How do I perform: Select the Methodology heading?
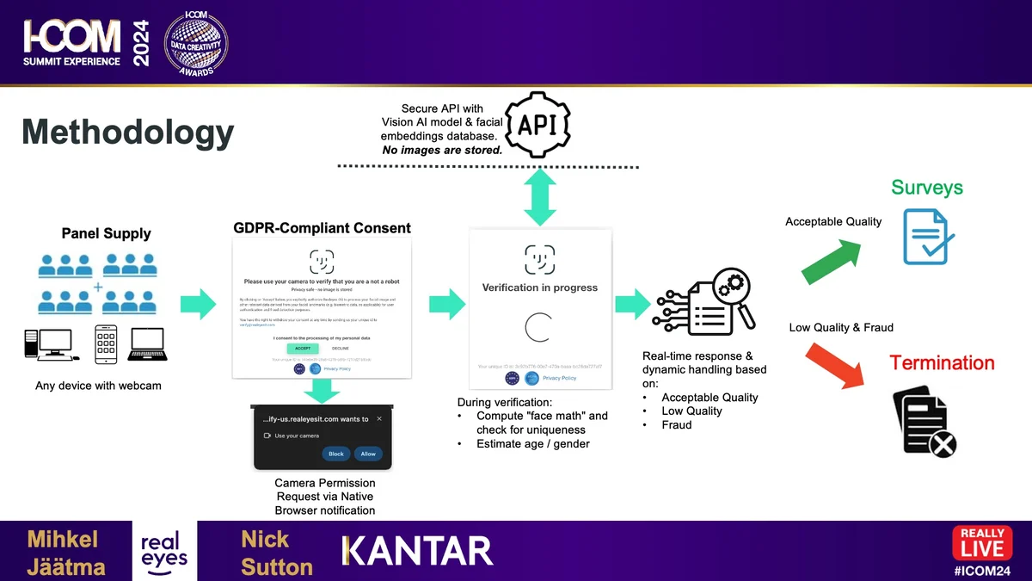[x=128, y=133]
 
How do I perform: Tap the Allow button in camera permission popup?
[x=368, y=454]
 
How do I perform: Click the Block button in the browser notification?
[x=335, y=454]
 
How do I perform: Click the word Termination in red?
[x=942, y=363]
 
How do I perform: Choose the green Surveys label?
[x=926, y=188]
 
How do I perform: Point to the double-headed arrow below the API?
[x=539, y=197]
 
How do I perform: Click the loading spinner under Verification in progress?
[x=539, y=328]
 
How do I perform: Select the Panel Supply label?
[x=106, y=233]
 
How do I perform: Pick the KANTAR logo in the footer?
[x=418, y=551]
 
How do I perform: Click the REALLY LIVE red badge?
[x=981, y=543]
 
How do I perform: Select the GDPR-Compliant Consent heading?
[x=322, y=228]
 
